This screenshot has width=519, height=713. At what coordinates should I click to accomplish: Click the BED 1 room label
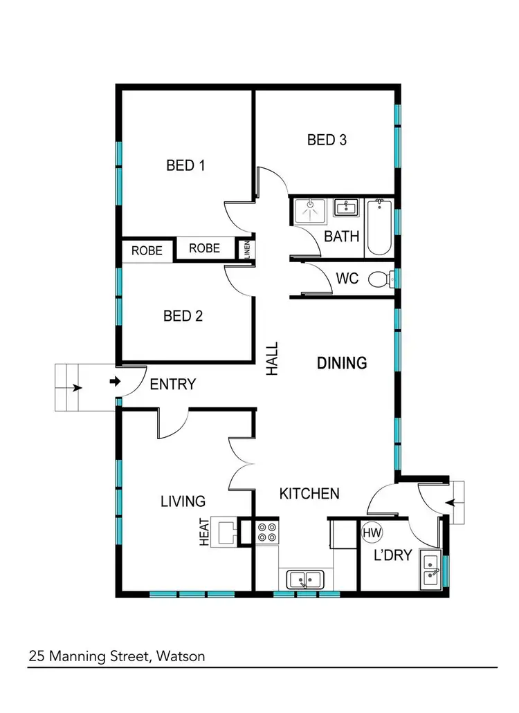tap(185, 165)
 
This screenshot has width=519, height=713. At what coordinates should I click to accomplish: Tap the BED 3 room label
tap(327, 140)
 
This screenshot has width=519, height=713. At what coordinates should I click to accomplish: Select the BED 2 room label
tap(183, 316)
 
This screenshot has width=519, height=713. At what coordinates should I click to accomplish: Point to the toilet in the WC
tap(380, 280)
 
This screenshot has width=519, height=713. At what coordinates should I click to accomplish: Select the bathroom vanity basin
tap(345, 207)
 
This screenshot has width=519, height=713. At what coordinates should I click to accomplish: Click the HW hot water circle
tap(372, 533)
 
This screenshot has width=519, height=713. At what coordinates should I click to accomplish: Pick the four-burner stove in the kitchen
tap(267, 532)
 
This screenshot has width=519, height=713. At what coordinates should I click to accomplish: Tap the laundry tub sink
tap(430, 573)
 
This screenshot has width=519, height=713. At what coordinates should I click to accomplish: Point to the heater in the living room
tap(228, 531)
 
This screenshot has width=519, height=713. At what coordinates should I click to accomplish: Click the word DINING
tap(342, 362)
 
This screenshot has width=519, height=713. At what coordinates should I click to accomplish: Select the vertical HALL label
tap(273, 358)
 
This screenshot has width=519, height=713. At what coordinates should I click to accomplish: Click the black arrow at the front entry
tap(115, 381)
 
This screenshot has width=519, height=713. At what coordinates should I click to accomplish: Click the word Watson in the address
tap(182, 656)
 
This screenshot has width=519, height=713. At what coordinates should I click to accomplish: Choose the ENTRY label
tap(173, 384)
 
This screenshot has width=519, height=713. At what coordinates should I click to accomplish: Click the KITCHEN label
tap(309, 494)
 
